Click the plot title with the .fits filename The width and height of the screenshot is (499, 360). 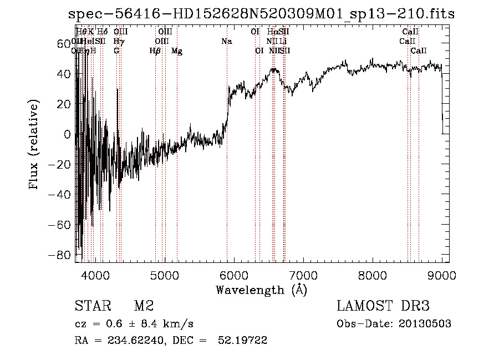261,14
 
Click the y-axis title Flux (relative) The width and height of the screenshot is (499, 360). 34,145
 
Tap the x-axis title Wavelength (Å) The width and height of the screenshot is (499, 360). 261,290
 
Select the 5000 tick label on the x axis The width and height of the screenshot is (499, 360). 165,275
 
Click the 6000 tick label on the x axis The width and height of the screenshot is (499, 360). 234,275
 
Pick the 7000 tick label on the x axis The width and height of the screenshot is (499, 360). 303,275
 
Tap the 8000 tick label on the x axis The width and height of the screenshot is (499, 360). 373,275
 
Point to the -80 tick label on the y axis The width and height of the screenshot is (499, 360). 60,255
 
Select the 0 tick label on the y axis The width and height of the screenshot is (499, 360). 67,134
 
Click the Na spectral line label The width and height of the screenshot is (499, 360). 226,42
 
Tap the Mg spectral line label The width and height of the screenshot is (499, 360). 177,51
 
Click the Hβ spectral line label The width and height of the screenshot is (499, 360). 155,51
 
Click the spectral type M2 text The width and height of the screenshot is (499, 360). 143,306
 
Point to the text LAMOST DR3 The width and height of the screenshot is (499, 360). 383,306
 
